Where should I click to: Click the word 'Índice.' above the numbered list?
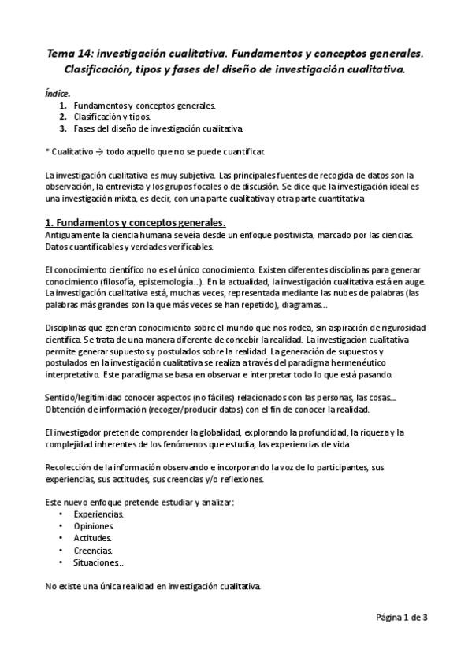58,93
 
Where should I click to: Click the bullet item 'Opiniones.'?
94,525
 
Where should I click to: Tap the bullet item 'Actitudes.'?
93,538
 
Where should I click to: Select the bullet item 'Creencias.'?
93,551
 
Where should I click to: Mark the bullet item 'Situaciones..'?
98,562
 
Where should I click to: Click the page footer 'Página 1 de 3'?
400,618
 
